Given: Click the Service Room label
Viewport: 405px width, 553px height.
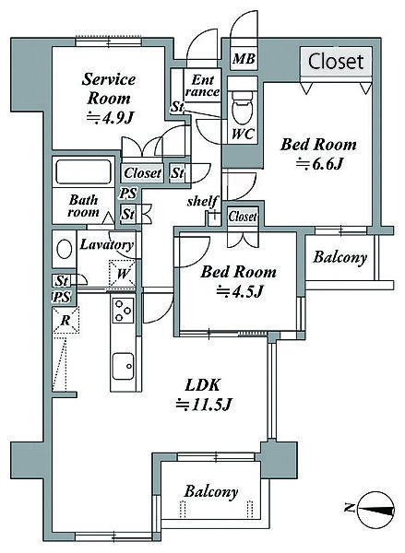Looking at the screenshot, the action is (109, 99).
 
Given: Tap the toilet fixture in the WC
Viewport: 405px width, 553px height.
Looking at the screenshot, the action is (243, 107).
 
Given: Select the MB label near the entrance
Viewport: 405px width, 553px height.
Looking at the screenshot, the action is (244, 59).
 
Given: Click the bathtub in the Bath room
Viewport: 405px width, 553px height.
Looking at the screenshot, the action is (84, 171).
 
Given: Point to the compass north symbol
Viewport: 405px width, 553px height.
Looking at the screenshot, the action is (375, 510).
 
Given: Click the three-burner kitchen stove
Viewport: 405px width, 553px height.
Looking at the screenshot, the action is (124, 310).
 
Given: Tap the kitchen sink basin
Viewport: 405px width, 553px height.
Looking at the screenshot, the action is (124, 366).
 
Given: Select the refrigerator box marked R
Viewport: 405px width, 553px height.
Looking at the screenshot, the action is (66, 320).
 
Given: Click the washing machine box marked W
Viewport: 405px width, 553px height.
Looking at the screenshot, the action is (122, 274).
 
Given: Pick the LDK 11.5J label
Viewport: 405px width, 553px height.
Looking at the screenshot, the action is (203, 395).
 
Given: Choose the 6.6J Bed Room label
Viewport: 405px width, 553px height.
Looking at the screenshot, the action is (318, 154).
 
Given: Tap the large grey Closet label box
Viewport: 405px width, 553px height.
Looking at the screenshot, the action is (336, 61).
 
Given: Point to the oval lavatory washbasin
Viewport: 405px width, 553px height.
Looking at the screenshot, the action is (65, 249).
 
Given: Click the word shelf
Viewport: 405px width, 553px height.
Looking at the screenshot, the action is (202, 201).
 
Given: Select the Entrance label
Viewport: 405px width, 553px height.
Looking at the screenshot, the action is (202, 86).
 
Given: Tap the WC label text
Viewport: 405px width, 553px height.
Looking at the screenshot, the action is (243, 134).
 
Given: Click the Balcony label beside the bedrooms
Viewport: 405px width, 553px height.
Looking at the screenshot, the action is (339, 258).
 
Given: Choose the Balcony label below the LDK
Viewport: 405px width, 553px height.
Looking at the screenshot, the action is (210, 492).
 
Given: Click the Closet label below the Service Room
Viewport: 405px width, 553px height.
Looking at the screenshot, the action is (143, 173).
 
